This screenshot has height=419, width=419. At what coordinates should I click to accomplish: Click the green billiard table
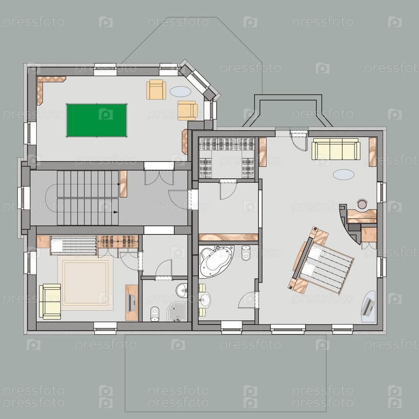click(96, 120)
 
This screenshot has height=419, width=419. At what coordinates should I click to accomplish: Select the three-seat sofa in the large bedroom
click(336, 149)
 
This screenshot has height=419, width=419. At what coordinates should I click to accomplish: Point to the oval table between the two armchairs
click(181, 91)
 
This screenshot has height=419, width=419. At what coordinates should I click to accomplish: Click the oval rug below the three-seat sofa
click(344, 174)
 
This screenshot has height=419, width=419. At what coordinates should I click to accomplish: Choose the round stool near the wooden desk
click(362, 204)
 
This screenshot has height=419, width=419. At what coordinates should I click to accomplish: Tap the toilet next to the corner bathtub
click(246, 252)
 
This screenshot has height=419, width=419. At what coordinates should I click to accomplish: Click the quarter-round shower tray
click(177, 311)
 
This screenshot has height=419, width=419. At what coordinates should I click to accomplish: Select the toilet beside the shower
click(155, 314)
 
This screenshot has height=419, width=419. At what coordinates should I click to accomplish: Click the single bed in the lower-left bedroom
click(73, 245)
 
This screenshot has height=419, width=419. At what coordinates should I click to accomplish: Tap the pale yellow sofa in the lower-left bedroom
click(50, 302)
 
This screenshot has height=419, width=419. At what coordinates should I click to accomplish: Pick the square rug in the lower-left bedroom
click(85, 283)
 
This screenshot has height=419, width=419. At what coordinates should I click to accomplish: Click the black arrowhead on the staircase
click(116, 212)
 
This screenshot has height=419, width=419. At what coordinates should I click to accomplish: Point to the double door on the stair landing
click(159, 178)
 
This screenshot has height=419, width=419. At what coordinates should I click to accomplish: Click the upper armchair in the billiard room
click(156, 90)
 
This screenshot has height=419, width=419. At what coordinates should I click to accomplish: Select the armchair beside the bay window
click(188, 111)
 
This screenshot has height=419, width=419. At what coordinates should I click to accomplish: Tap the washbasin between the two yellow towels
click(205, 300)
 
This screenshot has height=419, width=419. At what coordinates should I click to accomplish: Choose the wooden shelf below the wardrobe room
click(228, 237)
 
